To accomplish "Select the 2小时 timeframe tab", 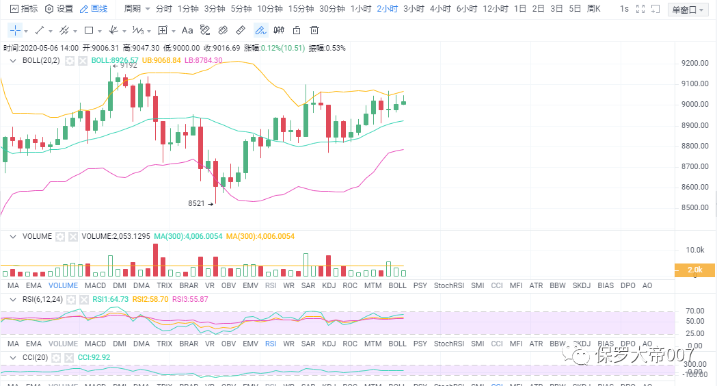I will (387, 9).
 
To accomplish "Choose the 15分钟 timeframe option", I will (301, 9).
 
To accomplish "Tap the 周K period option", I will (593, 9).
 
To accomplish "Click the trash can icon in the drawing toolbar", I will (314, 30).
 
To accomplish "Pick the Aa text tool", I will (187, 30).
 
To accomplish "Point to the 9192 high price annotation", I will (128, 65).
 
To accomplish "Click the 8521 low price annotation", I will (197, 203).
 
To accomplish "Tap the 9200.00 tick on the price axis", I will (694, 63).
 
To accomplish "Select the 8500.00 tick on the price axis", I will (694, 207).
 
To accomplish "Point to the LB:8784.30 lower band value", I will (204, 60).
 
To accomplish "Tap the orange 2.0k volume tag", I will (694, 270).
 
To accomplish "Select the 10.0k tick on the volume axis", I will (696, 250).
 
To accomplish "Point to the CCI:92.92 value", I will (94, 357).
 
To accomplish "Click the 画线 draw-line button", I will (94, 9).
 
